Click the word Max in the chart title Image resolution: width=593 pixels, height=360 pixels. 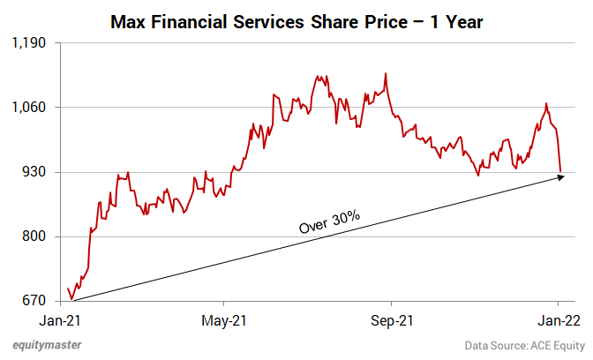click(x=128, y=19)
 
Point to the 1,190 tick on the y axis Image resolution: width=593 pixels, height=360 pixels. click(x=31, y=42)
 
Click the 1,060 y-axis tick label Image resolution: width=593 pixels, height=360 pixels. click(x=31, y=107)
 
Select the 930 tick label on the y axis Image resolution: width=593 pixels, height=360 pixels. click(x=36, y=172)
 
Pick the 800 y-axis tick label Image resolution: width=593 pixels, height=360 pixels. click(x=36, y=236)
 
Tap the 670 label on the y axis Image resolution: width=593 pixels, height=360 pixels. click(x=36, y=301)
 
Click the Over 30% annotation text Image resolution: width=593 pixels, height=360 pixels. click(x=330, y=221)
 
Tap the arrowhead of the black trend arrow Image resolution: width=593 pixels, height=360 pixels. click(x=559, y=177)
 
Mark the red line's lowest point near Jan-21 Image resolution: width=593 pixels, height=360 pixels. click(x=71, y=299)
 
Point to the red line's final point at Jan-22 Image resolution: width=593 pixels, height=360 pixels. click(x=560, y=171)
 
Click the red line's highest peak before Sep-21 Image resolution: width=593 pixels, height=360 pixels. click(x=386, y=74)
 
